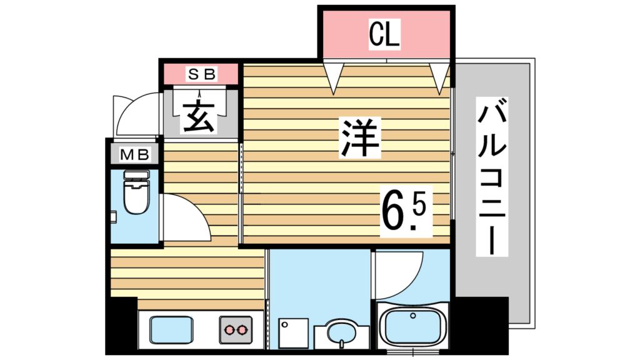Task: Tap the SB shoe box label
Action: click(202, 74)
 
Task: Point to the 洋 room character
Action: click(360, 139)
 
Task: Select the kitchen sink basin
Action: click(170, 329)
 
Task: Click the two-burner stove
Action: click(235, 329)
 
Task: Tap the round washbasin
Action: click(341, 332)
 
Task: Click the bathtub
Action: click(412, 326)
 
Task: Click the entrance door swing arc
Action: click(136, 112)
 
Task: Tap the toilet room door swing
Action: click(185, 216)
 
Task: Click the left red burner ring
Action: click(228, 329)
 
